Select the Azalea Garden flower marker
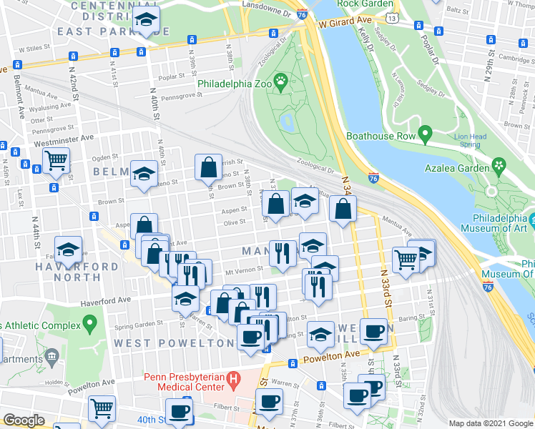point(499,167)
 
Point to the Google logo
point(24,420)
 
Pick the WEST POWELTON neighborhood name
point(175,343)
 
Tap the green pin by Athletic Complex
point(89,325)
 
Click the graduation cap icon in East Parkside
point(147,21)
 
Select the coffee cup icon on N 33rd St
point(373,331)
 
